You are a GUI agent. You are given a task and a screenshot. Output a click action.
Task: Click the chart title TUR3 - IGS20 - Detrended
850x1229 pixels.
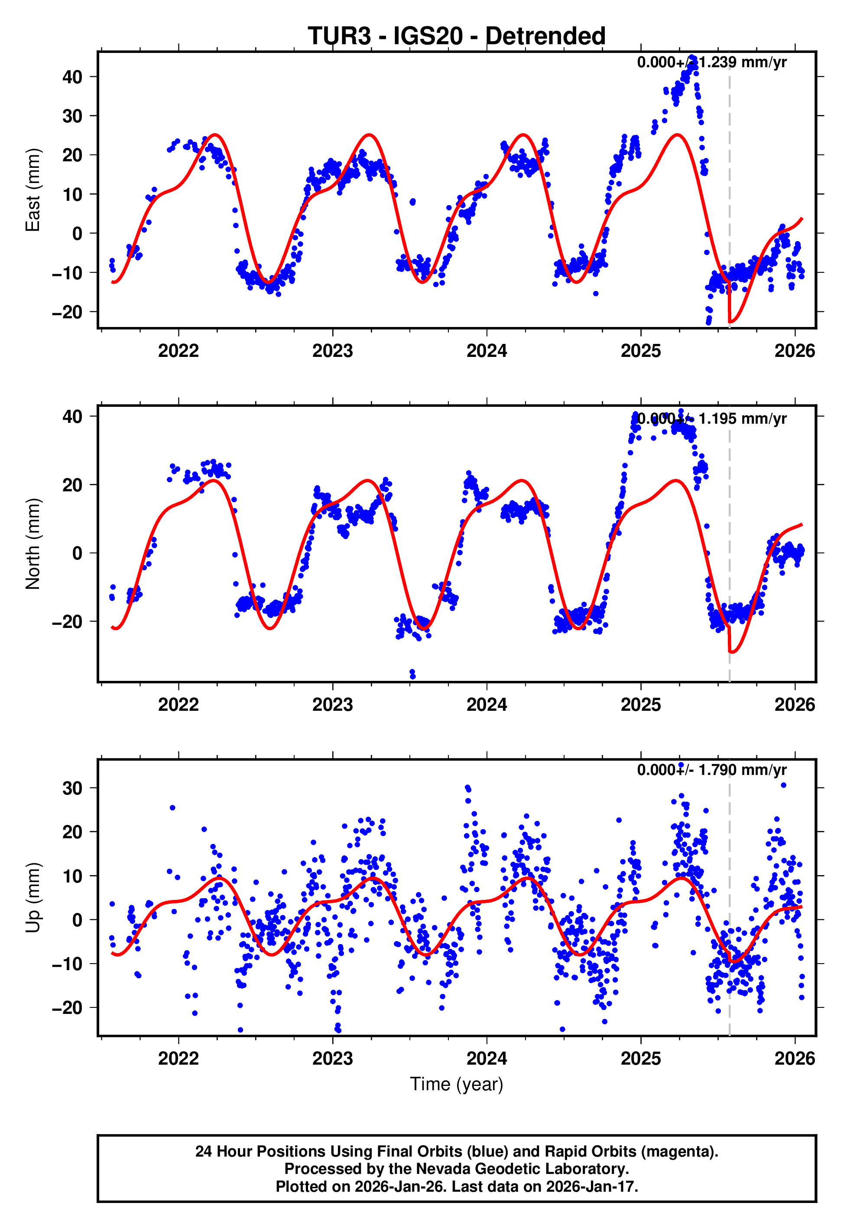[x=457, y=36]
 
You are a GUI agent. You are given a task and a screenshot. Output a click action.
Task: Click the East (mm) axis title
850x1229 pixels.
[x=33, y=190]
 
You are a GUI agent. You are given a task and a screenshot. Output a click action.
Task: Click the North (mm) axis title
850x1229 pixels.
[x=33, y=544]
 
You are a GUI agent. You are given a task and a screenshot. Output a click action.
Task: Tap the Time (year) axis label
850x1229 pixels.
[x=457, y=1084]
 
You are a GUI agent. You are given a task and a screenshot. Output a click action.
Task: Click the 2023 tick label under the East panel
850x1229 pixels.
[x=332, y=351]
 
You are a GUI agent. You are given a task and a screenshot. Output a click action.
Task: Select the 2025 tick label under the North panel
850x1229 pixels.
[x=641, y=705]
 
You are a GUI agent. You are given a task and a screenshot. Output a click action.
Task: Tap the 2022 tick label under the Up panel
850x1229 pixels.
[x=178, y=1059]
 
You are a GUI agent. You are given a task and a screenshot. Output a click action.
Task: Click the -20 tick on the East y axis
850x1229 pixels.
[x=67, y=312]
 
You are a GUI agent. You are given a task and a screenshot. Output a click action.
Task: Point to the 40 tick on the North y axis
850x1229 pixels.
[x=72, y=416]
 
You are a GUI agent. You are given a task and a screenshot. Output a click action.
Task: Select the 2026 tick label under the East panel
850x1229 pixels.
[x=794, y=351]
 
